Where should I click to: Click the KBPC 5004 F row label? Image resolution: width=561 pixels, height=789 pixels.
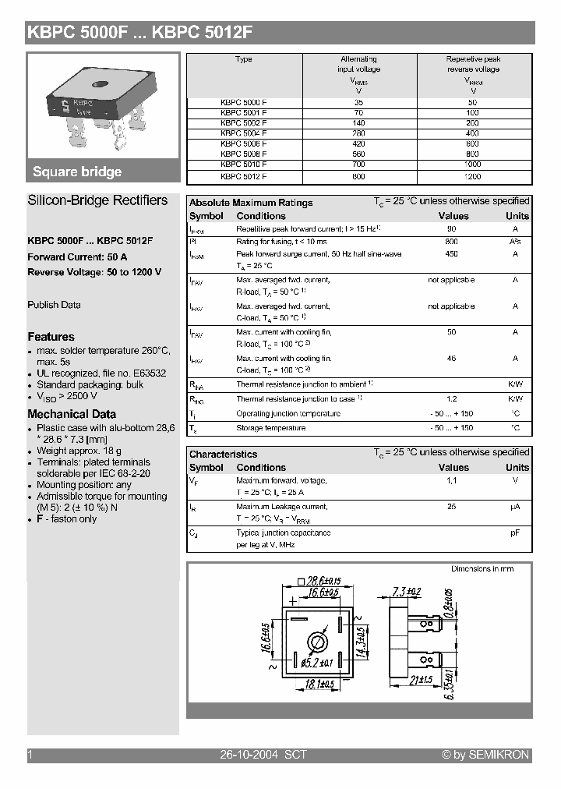[243, 133]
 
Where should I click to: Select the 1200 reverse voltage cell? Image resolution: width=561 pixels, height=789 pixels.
[472, 176]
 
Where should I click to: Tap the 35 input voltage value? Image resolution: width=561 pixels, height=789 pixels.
[358, 101]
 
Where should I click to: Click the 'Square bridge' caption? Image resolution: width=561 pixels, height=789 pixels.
[77, 172]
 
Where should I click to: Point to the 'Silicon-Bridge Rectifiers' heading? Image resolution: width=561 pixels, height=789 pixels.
[97, 200]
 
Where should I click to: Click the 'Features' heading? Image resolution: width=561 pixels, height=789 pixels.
[51, 337]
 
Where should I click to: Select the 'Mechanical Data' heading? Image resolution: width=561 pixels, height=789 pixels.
[72, 414]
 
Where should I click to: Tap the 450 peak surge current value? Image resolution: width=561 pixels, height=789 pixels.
[451, 254]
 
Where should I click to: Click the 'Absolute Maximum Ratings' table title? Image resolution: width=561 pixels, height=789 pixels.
[251, 203]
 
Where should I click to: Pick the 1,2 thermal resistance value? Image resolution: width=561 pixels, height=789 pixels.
[451, 398]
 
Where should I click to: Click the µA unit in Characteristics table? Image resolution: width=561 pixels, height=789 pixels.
[515, 507]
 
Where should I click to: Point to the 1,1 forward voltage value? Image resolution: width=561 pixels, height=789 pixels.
[451, 481]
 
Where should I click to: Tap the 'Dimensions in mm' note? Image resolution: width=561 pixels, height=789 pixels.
[482, 569]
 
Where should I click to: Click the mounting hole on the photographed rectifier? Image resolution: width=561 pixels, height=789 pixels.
[101, 85]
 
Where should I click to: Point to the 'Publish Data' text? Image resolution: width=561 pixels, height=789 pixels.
[54, 305]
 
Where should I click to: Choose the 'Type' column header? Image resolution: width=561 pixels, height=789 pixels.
[243, 59]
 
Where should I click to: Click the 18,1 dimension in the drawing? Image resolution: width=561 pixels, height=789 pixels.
[319, 684]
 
